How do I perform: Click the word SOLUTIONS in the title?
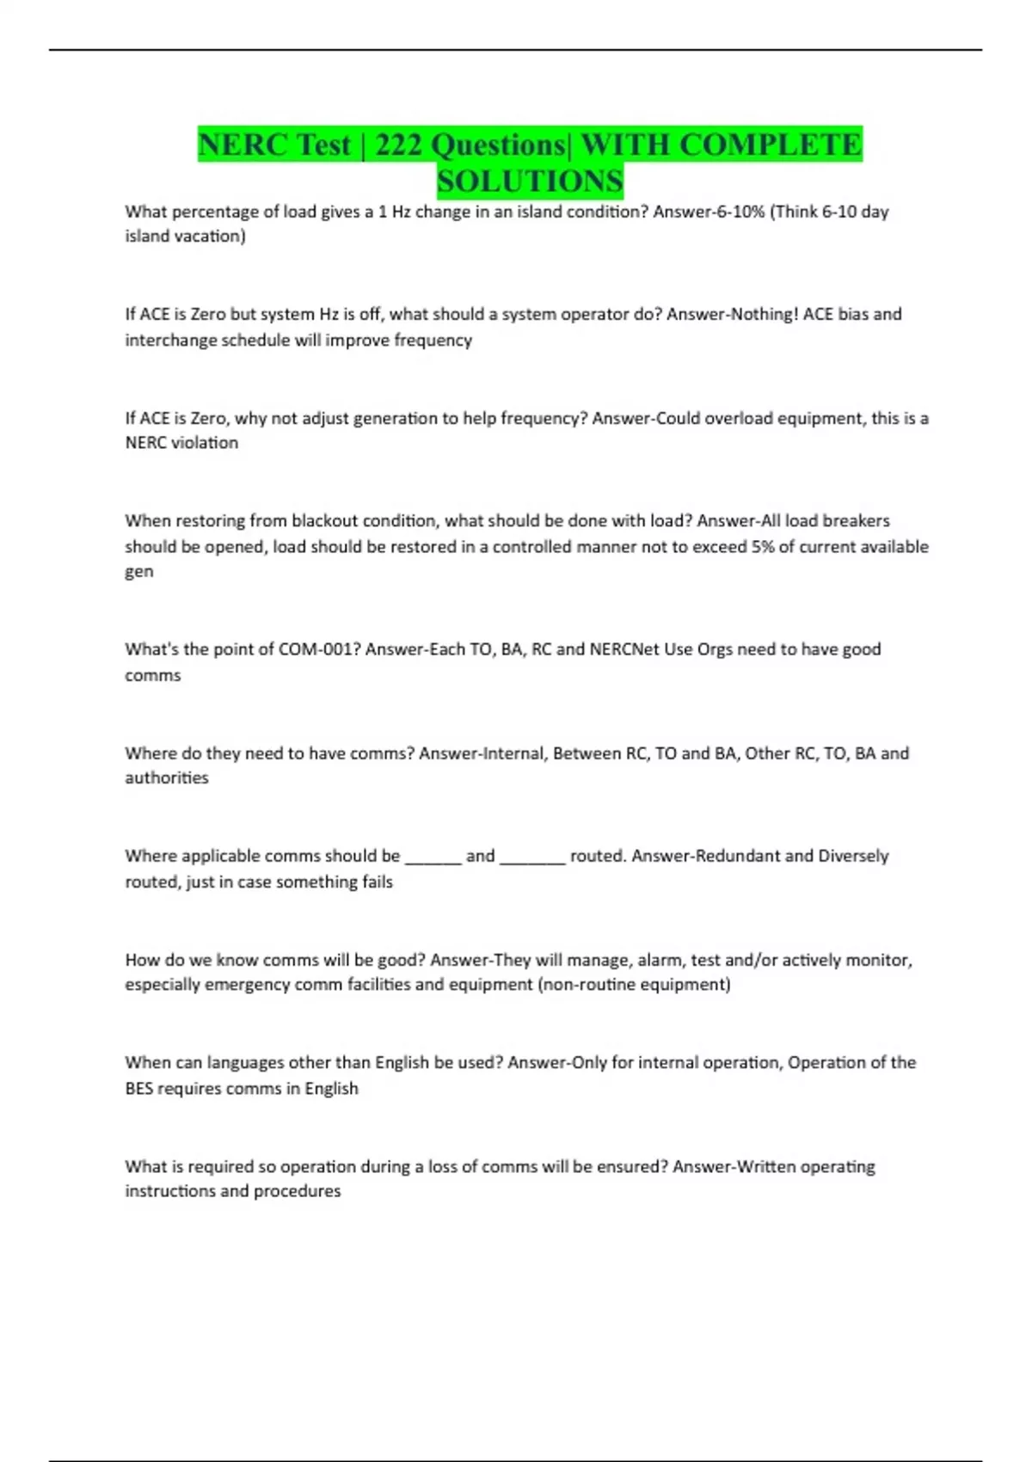pyautogui.click(x=530, y=181)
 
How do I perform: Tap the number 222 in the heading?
pyautogui.click(x=397, y=144)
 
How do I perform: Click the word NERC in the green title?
pyautogui.click(x=232, y=144)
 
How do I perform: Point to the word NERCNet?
pyautogui.click(x=623, y=649)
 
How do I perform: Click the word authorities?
pyautogui.click(x=167, y=778)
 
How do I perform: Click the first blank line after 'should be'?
pyautogui.click(x=433, y=858)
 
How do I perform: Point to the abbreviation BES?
pyautogui.click(x=138, y=1089)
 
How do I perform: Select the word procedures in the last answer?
pyautogui.click(x=297, y=1192)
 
